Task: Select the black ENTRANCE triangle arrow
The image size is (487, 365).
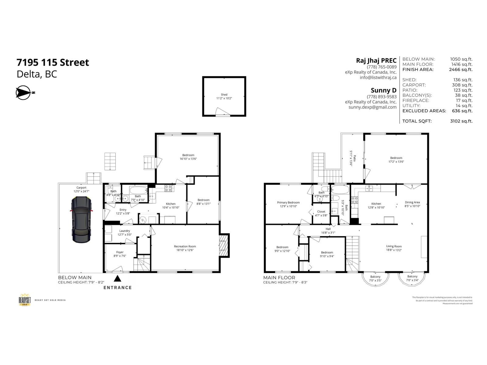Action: [117, 279]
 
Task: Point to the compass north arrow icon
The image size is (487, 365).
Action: [24, 93]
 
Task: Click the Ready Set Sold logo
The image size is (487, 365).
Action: [25, 300]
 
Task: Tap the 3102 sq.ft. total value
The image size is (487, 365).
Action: [461, 121]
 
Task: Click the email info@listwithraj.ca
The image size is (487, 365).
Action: [378, 78]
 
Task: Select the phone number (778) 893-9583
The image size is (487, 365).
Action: [382, 97]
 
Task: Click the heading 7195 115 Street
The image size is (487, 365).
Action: [53, 62]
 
